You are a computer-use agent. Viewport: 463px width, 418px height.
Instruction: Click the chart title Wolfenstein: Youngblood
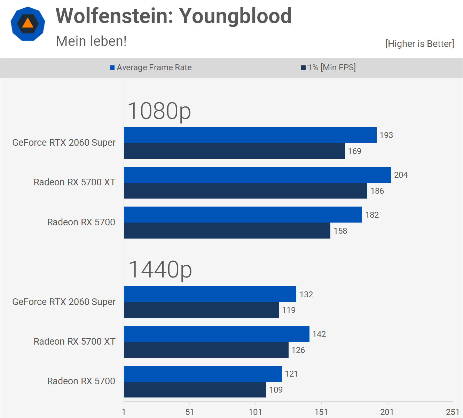pos(173,16)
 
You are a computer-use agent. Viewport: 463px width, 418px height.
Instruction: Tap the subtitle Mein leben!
pos(91,41)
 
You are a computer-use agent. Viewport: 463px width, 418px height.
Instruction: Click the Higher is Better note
pos(419,44)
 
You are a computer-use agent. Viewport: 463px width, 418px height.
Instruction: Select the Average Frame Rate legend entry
pos(151,67)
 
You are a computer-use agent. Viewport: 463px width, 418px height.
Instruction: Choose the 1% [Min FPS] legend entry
pos(328,67)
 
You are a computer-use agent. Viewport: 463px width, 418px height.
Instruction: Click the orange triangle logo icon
pos(28,24)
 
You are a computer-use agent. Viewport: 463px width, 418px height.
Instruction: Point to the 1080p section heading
pos(159,111)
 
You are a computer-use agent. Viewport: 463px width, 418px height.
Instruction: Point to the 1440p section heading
pos(160,270)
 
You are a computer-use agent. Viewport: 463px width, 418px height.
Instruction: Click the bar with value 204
pos(257,175)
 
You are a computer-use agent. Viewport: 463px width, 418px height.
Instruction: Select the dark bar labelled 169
pos(234,151)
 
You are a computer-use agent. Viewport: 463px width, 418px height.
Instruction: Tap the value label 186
pos(377,191)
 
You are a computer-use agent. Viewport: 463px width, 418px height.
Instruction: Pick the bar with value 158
pos(227,231)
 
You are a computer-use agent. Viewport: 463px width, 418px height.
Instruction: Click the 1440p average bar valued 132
pos(210,294)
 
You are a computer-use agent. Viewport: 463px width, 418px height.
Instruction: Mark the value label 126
pos(298,350)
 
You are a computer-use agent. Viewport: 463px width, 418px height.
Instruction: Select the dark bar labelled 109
pos(195,389)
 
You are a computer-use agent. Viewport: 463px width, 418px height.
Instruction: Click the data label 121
pos(291,374)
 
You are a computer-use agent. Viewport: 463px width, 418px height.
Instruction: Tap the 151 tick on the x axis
pos(321,412)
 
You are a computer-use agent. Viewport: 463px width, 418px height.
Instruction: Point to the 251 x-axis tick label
pos(453,412)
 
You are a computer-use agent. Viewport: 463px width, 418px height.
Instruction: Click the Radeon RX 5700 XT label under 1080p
pos(74,182)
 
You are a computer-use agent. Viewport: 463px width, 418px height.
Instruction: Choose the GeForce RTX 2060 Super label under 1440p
pos(64,302)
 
